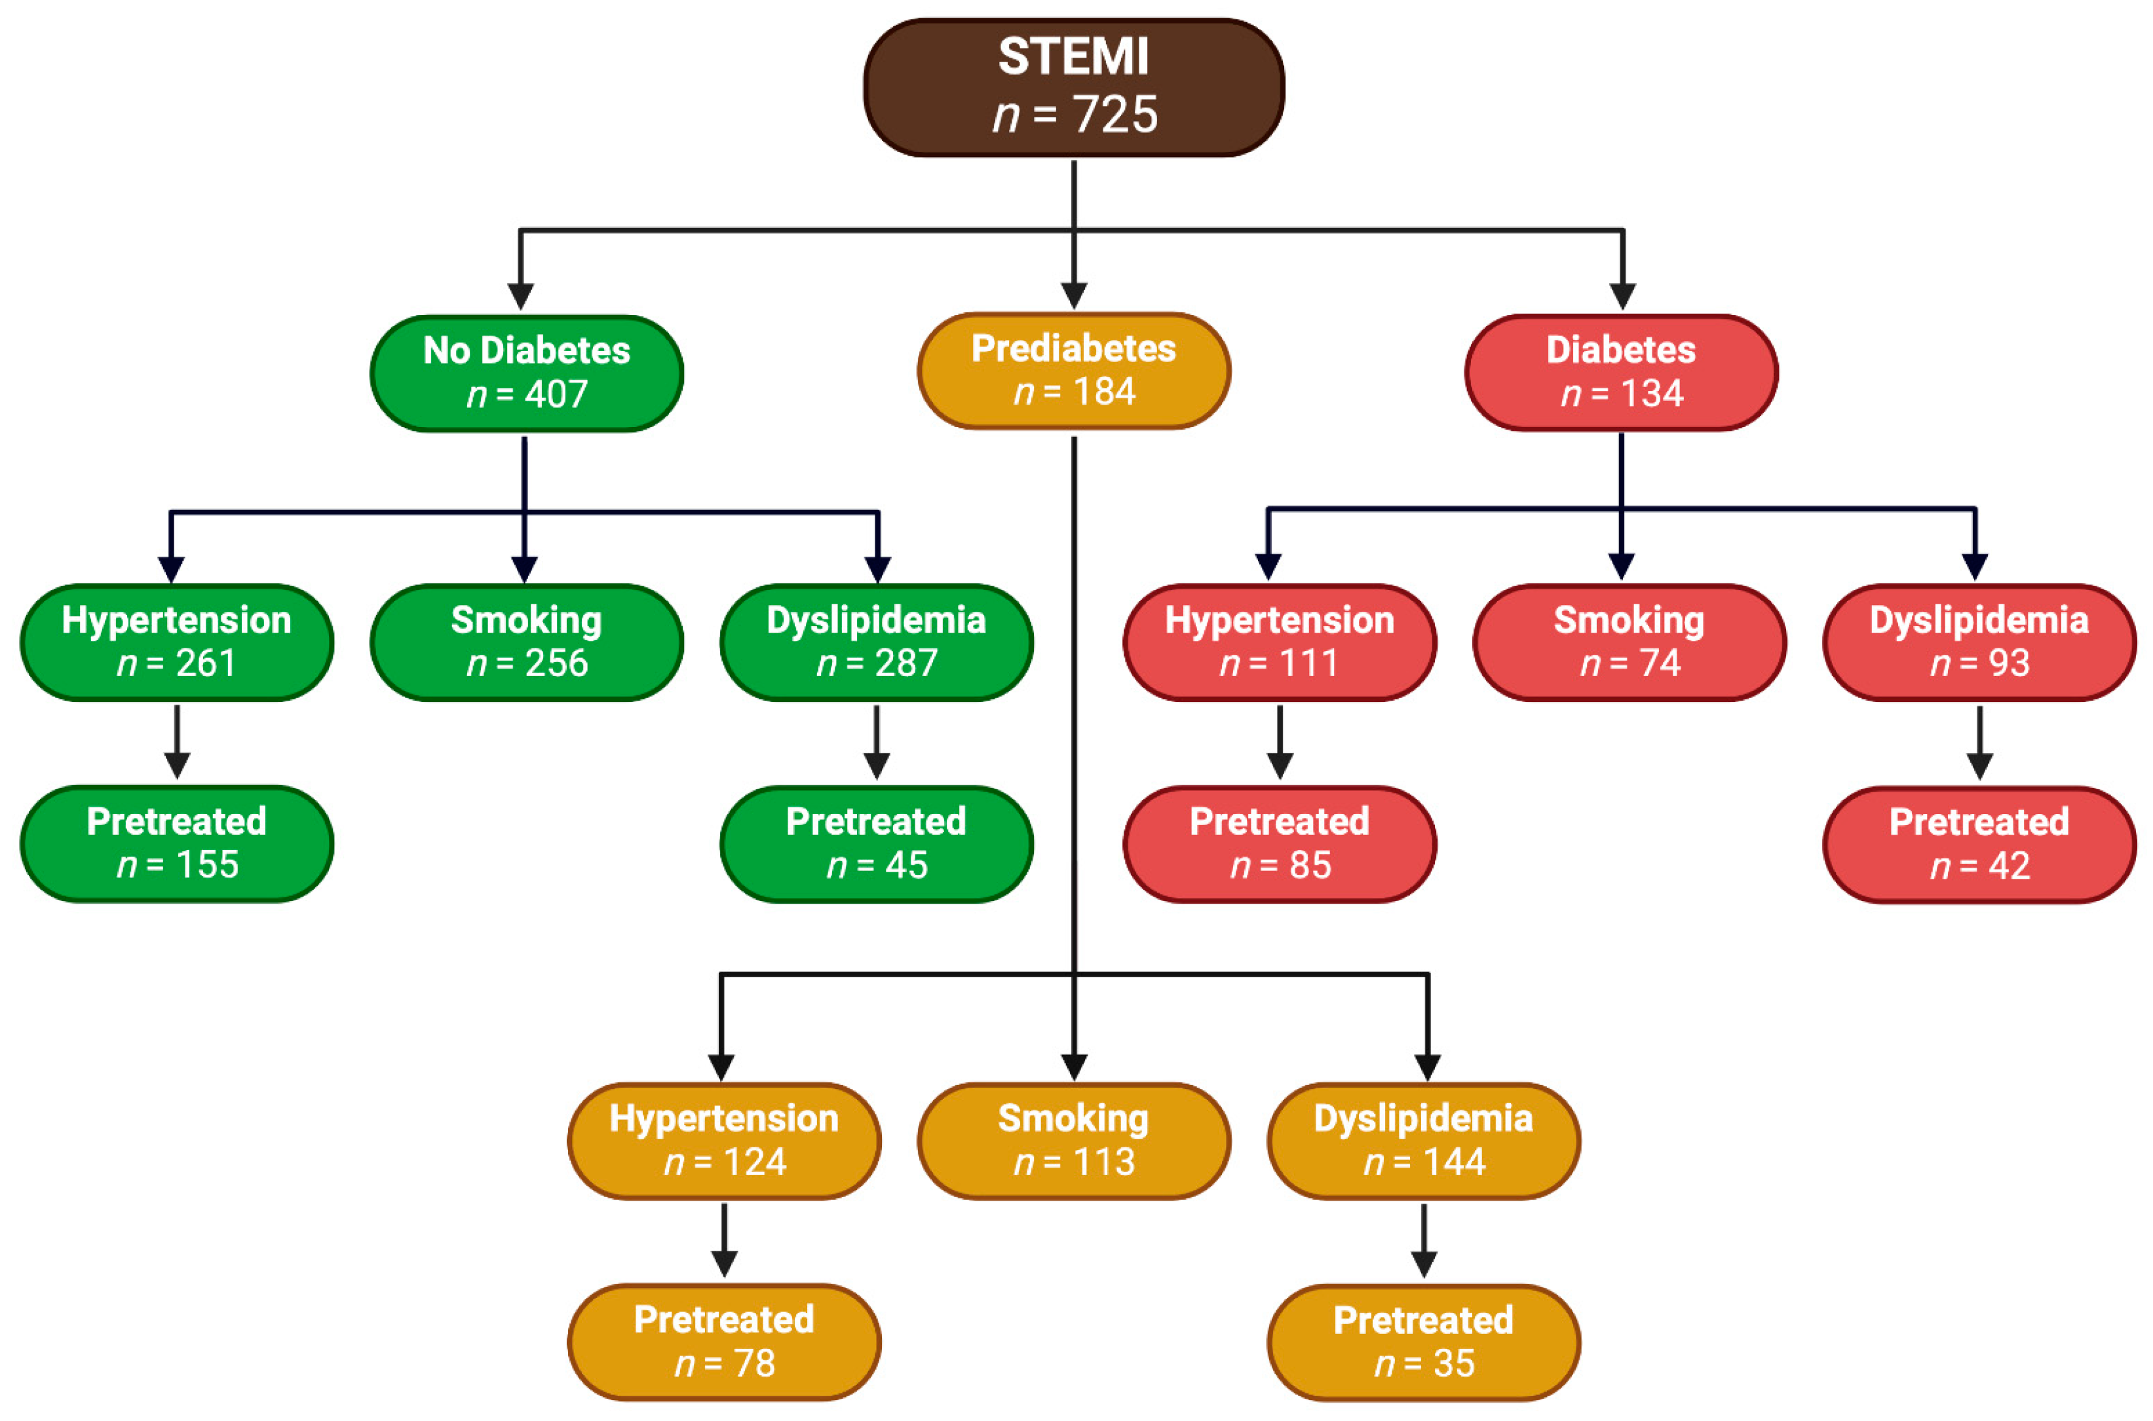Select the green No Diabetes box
click(527, 373)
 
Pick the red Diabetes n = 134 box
click(1621, 373)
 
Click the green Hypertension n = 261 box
click(177, 642)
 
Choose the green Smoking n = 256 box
click(527, 642)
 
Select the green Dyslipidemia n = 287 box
click(877, 642)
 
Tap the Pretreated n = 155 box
click(177, 843)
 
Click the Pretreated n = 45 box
click(877, 843)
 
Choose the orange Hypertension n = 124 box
click(723, 1141)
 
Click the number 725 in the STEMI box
click(1115, 115)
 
